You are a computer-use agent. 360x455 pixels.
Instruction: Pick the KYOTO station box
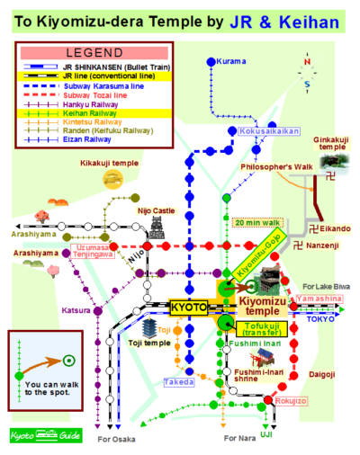point(189,306)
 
